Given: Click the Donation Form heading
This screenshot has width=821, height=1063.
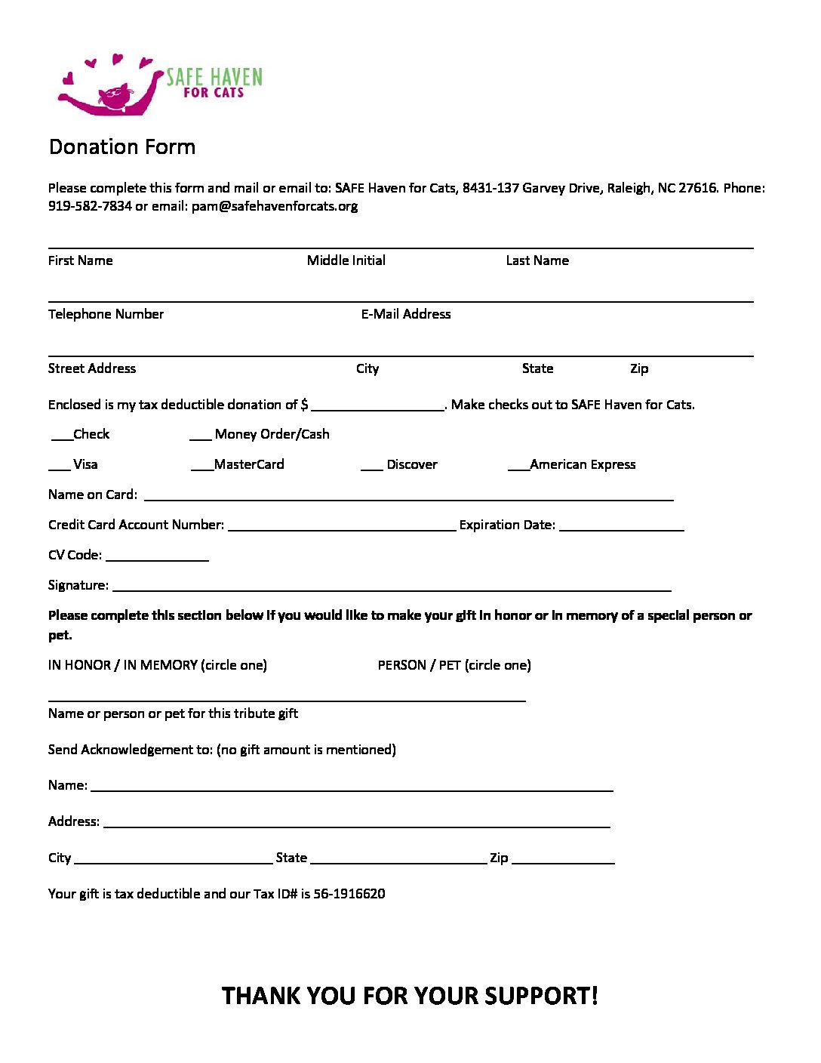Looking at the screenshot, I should point(122,146).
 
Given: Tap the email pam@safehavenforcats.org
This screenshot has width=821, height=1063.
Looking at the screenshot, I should point(275,206).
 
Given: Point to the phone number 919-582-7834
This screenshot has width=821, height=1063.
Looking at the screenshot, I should point(90,206).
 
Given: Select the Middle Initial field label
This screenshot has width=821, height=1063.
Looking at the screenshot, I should point(346,260).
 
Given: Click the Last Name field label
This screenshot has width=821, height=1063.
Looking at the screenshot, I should point(537,260).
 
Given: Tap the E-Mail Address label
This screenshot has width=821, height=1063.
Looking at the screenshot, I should point(406,314).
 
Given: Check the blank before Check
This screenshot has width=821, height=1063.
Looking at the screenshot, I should point(62,438).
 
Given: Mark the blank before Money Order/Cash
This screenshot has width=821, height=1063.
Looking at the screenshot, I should point(200,438).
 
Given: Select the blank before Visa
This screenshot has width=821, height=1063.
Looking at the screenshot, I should point(59,468).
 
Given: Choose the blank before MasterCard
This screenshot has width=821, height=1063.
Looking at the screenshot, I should point(202,468).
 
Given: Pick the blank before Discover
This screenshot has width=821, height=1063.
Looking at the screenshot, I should point(371,468).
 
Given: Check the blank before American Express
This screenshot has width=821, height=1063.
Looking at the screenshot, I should point(518,468).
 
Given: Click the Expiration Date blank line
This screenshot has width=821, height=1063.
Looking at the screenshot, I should point(622,528).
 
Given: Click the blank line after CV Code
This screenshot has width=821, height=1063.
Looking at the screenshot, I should point(157,559).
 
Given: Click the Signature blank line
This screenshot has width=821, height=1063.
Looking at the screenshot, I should point(391,589).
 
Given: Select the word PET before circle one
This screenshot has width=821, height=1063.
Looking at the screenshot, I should point(450,665).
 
